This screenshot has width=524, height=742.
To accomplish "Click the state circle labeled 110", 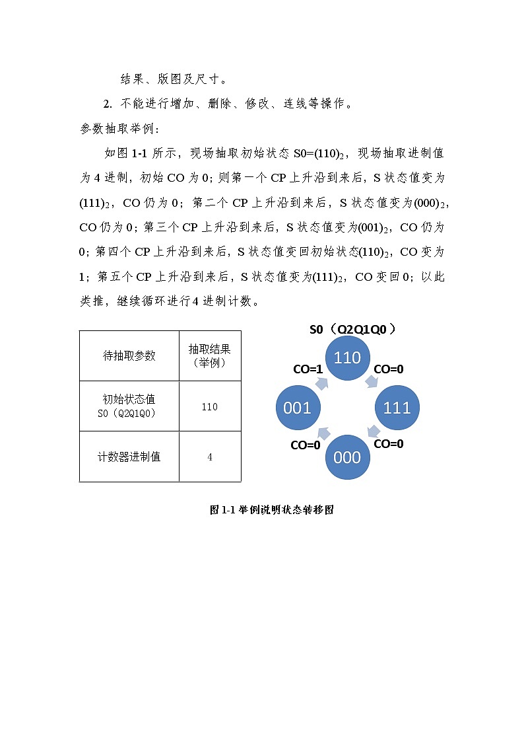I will pyautogui.click(x=347, y=358).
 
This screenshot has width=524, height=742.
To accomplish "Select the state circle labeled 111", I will pyautogui.click(x=397, y=408).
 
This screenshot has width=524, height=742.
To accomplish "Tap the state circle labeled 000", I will pyautogui.click(x=347, y=457).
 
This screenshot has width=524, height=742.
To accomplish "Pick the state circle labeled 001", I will pyautogui.click(x=297, y=408).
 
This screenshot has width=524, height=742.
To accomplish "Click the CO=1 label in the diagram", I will pyautogui.click(x=308, y=369).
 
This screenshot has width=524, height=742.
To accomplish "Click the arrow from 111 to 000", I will pyautogui.click(x=374, y=432).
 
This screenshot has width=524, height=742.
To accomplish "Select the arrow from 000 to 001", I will pyautogui.click(x=323, y=433).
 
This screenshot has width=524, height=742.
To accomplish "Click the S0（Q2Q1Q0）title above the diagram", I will pyautogui.click(x=356, y=329).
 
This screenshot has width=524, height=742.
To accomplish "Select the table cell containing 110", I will pyautogui.click(x=210, y=406).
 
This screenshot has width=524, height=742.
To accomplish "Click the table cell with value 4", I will pyautogui.click(x=210, y=457).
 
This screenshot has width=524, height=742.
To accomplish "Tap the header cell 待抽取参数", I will pyautogui.click(x=129, y=355).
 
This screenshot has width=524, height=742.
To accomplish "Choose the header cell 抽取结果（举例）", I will pyautogui.click(x=210, y=355).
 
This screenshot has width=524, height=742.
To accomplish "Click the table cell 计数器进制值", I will pyautogui.click(x=129, y=457).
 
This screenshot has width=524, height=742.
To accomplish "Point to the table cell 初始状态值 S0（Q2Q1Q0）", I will pyautogui.click(x=129, y=406).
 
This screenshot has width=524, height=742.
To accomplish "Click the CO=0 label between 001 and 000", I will pyautogui.click(x=306, y=445).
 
